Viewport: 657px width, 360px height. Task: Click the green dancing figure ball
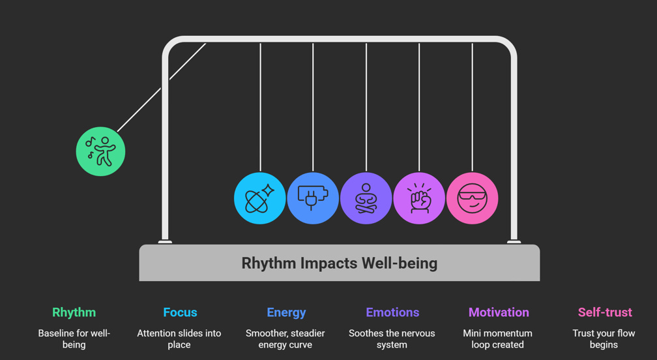tap(100, 151)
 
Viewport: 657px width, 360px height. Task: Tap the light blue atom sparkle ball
tap(259, 198)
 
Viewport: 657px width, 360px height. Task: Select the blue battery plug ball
tap(313, 198)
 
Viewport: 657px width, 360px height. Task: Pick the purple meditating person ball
tap(366, 198)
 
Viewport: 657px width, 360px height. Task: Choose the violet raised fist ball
tap(419, 198)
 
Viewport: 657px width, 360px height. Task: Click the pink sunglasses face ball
tap(473, 198)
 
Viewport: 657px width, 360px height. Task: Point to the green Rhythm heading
tap(74, 312)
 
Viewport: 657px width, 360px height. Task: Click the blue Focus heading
tap(180, 312)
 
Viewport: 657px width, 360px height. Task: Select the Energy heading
tap(286, 312)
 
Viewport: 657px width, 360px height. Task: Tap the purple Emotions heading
tap(392, 312)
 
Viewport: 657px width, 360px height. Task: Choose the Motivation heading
tap(499, 312)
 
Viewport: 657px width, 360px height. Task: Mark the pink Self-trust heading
tap(605, 312)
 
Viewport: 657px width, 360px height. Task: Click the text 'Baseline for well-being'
tap(74, 338)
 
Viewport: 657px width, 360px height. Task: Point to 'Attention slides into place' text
tap(179, 338)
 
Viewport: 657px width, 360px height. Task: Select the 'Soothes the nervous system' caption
tap(392, 338)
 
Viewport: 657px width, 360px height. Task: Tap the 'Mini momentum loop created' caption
tap(498, 338)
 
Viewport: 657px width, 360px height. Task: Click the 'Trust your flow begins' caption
tap(604, 338)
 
